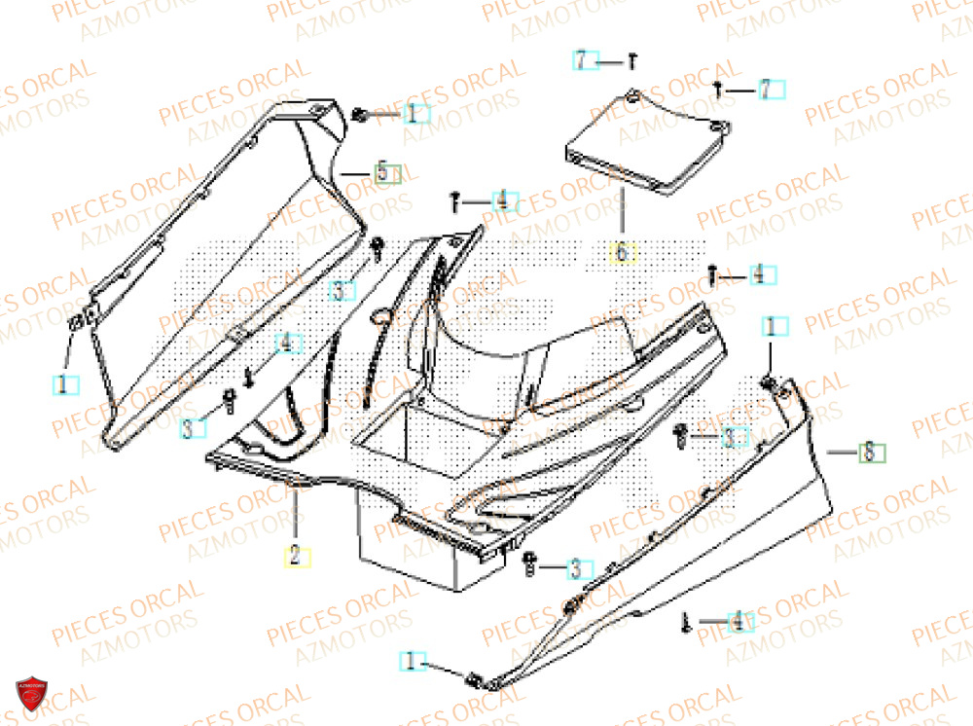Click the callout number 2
coord(296,557)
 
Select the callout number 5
coord(387,173)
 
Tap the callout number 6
coord(622,254)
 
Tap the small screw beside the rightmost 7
coord(718,90)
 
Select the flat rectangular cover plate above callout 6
coord(647,143)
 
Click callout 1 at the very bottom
coord(412,662)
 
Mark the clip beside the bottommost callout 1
coord(474,678)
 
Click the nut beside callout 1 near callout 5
coord(360,115)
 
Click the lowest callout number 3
coord(579,566)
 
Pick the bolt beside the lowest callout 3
coord(529,562)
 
